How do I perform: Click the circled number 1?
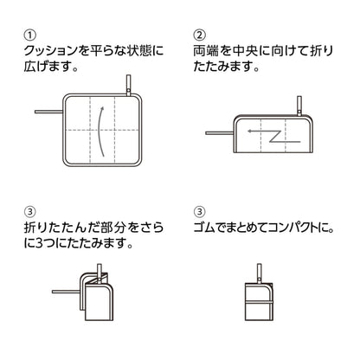click(30, 36)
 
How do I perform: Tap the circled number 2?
click(200, 36)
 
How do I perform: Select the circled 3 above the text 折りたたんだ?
click(30, 211)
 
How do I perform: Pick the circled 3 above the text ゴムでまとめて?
click(200, 211)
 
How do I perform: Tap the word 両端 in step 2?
click(208, 53)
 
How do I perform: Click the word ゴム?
click(208, 228)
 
